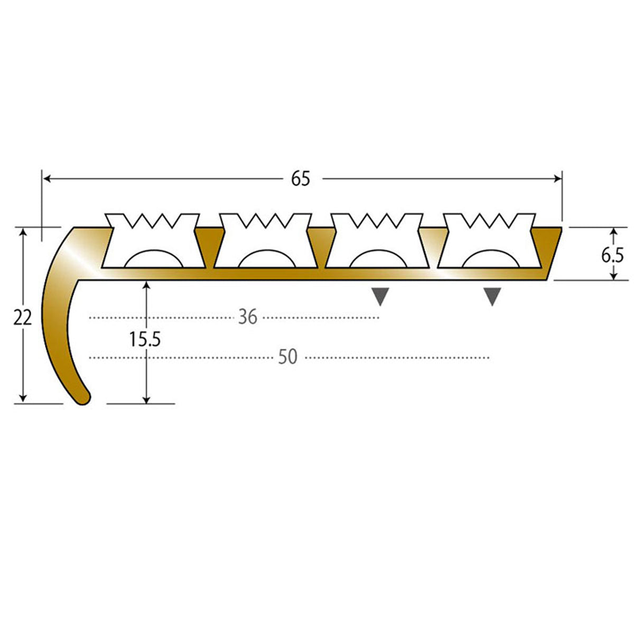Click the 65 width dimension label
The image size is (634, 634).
click(x=301, y=179)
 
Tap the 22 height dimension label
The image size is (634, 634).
click(x=23, y=318)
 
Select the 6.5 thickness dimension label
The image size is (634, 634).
click(x=613, y=255)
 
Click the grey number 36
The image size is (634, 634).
click(x=247, y=318)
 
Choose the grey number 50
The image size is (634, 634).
click(x=287, y=357)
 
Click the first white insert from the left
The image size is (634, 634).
click(x=153, y=241)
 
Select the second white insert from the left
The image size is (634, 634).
click(x=266, y=241)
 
